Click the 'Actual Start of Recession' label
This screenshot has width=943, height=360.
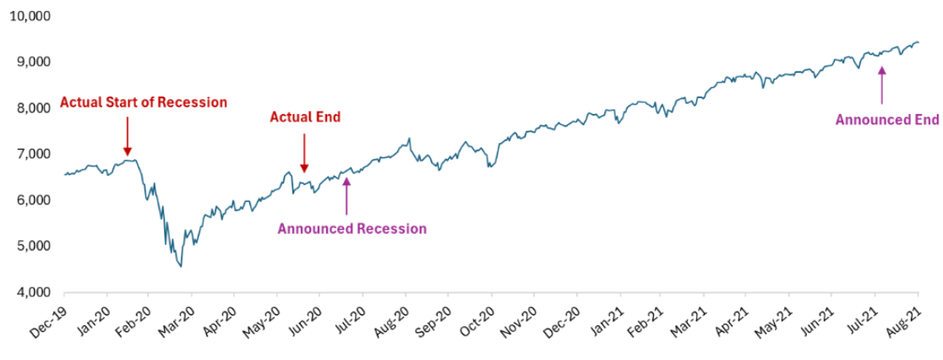pos(144,103)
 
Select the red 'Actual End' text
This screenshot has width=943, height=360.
pos(305,117)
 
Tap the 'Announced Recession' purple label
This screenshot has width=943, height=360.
pos(352,228)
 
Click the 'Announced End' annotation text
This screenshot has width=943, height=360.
pos(886,120)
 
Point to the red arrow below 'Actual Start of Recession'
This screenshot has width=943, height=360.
pos(127,135)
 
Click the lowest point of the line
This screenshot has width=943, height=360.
pos(180,266)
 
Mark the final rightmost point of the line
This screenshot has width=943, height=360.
pos(918,42)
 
